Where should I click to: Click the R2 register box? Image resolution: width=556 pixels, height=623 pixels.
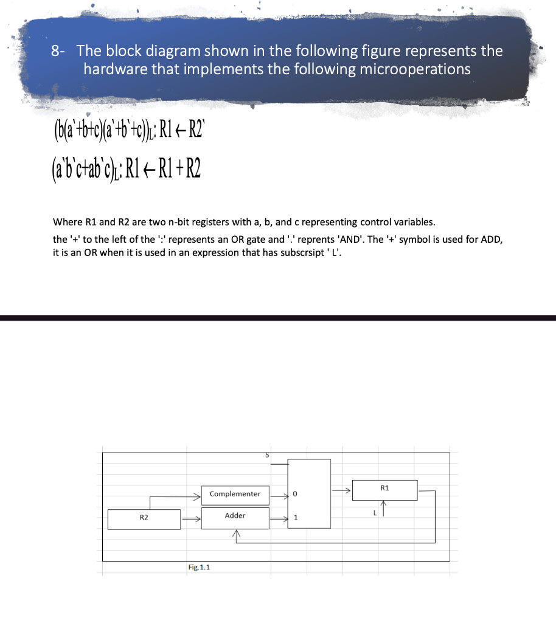[144, 519]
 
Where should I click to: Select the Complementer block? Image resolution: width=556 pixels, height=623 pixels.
[235, 493]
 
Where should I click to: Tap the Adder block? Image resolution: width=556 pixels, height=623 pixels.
[235, 516]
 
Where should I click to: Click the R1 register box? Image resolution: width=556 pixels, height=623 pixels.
[383, 489]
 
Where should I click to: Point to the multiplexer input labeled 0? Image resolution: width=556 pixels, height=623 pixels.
[295, 494]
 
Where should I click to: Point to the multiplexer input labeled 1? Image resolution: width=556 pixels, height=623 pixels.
[295, 518]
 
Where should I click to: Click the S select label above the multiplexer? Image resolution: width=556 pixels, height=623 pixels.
[266, 454]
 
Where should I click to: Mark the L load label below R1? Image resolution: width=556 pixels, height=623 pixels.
[376, 513]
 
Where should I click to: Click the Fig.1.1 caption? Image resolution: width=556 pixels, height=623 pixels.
[199, 567]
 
